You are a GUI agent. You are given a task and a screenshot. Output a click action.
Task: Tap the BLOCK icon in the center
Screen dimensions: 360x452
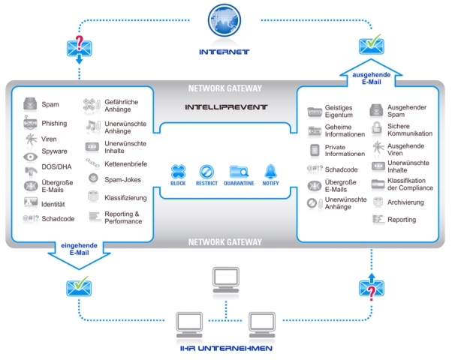pos(178,172)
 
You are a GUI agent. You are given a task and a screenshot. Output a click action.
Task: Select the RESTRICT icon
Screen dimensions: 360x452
pos(206,172)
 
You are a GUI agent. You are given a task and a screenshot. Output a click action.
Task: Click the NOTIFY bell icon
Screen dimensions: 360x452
pos(271,172)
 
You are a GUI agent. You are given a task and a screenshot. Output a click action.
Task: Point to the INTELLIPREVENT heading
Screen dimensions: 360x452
pos(226,107)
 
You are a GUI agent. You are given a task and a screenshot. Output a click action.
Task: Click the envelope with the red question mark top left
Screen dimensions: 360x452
pos(80,47)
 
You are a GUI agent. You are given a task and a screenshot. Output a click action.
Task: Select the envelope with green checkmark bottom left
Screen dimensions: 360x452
pos(80,286)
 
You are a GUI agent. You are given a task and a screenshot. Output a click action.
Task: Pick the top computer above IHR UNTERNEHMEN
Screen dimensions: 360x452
pos(226,278)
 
